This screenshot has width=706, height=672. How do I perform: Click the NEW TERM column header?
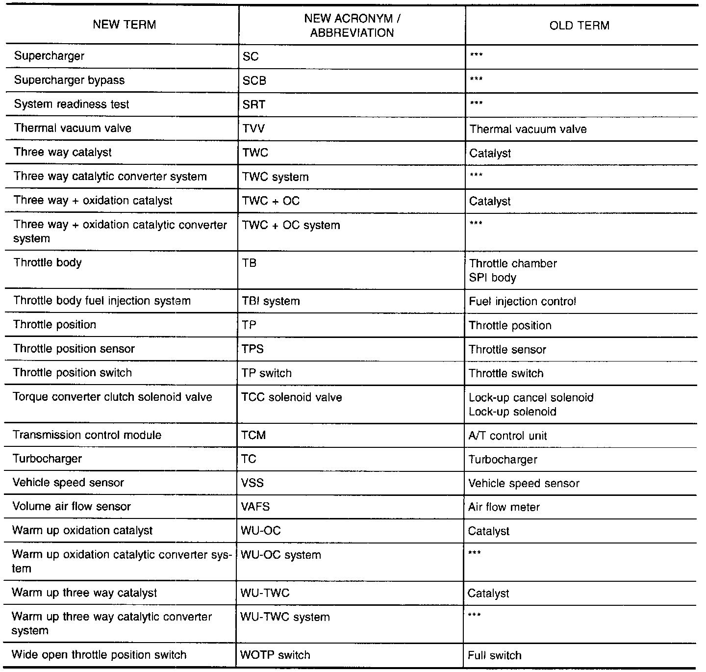(125, 25)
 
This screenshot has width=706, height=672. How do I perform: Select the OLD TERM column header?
(580, 26)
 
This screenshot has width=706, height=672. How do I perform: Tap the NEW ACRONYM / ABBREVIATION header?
(352, 26)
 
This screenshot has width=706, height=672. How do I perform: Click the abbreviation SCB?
(254, 81)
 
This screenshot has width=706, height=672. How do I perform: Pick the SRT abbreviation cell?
(254, 105)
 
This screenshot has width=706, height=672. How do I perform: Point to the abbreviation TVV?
(254, 129)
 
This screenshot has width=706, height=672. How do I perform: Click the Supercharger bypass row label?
(69, 80)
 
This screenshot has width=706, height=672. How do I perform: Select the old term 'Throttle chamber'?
(513, 263)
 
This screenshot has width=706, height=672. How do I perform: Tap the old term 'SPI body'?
(493, 278)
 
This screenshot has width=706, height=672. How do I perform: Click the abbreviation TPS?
(252, 349)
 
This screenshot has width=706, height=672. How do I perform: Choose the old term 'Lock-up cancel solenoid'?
(531, 397)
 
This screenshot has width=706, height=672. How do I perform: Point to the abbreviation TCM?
(253, 436)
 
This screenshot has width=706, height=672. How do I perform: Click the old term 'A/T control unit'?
(507, 436)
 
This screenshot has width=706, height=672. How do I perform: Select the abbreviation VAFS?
(255, 507)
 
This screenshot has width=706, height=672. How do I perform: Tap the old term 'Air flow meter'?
(504, 507)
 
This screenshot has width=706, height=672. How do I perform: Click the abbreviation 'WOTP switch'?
(275, 655)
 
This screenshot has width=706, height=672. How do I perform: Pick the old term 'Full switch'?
(494, 655)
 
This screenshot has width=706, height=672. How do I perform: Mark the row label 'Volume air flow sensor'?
(72, 507)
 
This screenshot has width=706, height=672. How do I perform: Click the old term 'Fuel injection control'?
(522, 301)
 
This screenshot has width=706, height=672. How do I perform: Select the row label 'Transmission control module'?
(87, 435)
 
